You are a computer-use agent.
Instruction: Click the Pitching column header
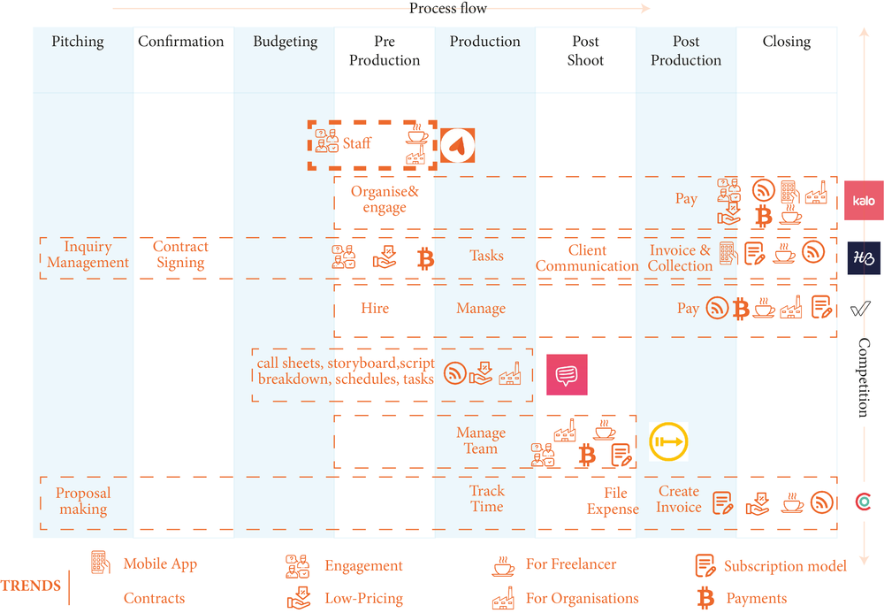point(78,42)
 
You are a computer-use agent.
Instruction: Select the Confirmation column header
point(181,42)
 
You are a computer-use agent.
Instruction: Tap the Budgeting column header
point(285,42)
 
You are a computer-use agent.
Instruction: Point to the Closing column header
point(786,42)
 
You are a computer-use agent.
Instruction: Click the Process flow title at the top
point(448,9)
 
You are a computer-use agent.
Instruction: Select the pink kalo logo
point(863,200)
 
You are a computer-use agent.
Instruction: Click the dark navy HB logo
point(864,257)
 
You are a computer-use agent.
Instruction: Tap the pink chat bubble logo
point(566,375)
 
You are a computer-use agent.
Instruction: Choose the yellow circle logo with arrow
point(668,441)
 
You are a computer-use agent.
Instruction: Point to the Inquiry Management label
point(88,255)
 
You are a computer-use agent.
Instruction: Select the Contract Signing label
point(180,255)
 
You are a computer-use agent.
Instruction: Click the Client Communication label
point(587,258)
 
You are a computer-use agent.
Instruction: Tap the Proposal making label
point(83,502)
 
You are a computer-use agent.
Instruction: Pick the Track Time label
point(486,499)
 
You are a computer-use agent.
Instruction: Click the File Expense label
point(613,502)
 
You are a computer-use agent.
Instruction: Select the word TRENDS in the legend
point(31,586)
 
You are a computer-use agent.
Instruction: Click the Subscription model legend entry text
point(785,566)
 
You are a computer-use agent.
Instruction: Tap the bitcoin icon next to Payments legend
point(705,599)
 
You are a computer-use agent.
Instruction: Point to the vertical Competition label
point(864,378)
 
